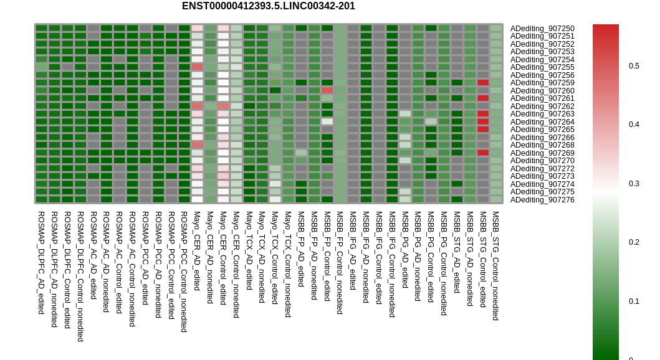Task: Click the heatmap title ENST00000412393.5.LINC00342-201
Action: pyautogui.click(x=269, y=6)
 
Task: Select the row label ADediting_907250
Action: pyautogui.click(x=542, y=29)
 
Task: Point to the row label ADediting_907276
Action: pyautogui.click(x=542, y=200)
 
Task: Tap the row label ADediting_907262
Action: pyautogui.click(x=542, y=107)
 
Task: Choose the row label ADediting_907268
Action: pyautogui.click(x=542, y=145)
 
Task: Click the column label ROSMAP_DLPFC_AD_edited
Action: pyautogui.click(x=41, y=263)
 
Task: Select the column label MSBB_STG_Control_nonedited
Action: pyautogui.click(x=496, y=266)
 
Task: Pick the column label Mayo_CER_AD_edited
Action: pyautogui.click(x=196, y=251)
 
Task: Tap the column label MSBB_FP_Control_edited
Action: pyautogui.click(x=327, y=256)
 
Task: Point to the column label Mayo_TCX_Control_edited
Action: pyautogui.click(x=275, y=258)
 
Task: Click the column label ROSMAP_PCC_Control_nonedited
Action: pyautogui.click(x=184, y=272)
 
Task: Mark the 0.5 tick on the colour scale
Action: pyautogui.click(x=634, y=66)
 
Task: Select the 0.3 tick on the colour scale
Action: pyautogui.click(x=634, y=184)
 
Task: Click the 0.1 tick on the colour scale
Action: pyautogui.click(x=634, y=301)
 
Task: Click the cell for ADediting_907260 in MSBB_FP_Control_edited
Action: pyautogui.click(x=327, y=90)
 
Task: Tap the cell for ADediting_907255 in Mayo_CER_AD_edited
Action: pyautogui.click(x=197, y=67)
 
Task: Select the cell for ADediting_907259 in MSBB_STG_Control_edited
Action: pyautogui.click(x=483, y=83)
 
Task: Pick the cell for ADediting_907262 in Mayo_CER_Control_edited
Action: pyautogui.click(x=223, y=106)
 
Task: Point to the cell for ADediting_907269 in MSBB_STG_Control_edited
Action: pyautogui.click(x=483, y=153)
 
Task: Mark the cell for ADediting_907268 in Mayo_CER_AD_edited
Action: pyautogui.click(x=197, y=145)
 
